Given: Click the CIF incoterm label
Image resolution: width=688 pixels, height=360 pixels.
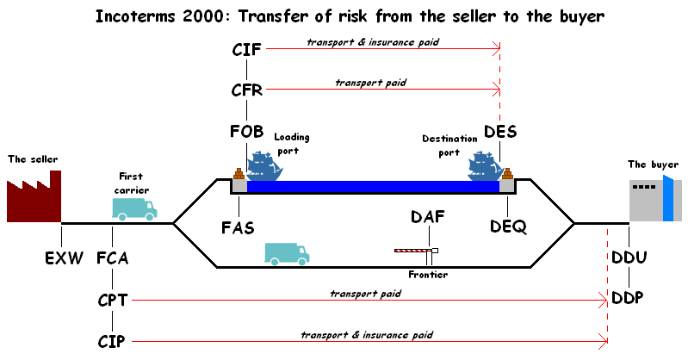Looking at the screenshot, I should [x=247, y=50].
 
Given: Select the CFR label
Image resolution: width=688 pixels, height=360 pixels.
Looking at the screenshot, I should [x=247, y=90].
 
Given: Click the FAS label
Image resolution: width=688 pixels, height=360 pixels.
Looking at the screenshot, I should [x=238, y=228].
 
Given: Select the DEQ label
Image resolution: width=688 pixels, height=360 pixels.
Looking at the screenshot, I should [x=508, y=226].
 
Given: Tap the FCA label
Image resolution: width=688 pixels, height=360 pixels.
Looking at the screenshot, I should [x=112, y=258].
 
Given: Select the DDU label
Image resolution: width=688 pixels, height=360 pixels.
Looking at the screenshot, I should [x=629, y=258].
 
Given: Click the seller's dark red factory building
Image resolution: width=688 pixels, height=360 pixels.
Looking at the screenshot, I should [x=35, y=198].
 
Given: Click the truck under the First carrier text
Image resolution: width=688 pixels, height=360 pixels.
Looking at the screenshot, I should [x=133, y=208].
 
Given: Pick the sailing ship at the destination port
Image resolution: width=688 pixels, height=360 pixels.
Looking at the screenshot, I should [x=485, y=165].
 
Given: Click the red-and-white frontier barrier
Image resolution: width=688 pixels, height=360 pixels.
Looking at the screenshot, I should [x=414, y=251].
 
